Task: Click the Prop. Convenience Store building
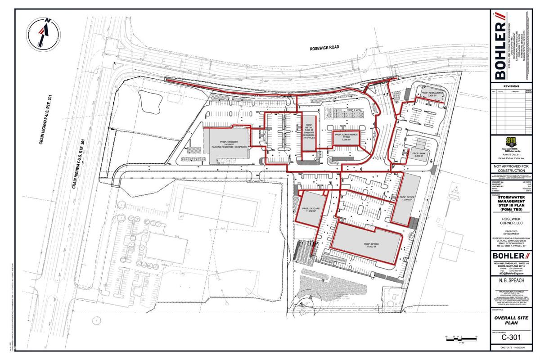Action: [x=345, y=137]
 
